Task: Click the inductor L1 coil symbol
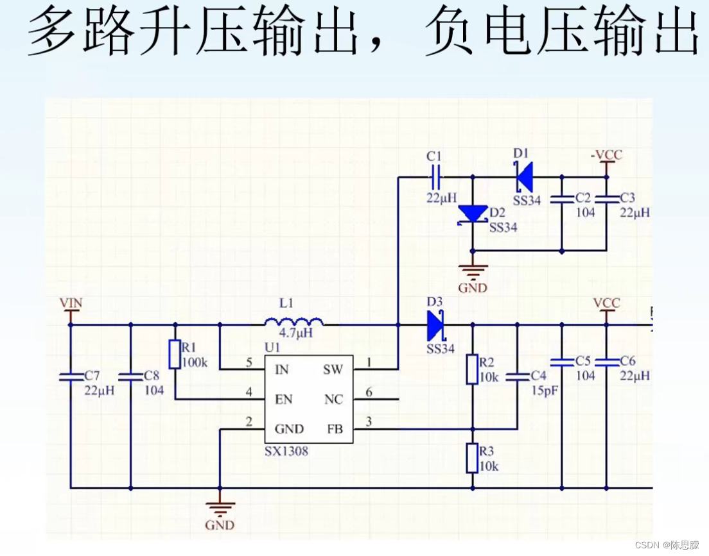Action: coord(293,321)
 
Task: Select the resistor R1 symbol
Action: coord(175,355)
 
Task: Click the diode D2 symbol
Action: coord(472,214)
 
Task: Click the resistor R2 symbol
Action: coord(472,369)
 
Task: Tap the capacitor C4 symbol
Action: coord(516,378)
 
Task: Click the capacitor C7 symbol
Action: coord(70,377)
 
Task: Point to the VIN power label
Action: coord(71,303)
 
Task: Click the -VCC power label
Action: coord(606,155)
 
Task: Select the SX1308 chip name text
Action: coord(286,451)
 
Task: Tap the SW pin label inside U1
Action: coord(333,370)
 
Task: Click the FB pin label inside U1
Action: coord(335,429)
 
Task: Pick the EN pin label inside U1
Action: coord(284,400)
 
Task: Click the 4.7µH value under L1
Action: coord(295,333)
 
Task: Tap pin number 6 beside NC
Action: coord(369,392)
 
